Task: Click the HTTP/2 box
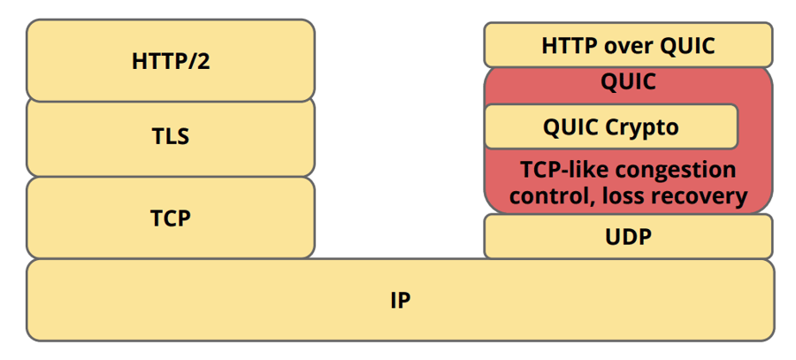(x=171, y=61)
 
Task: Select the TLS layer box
(x=171, y=137)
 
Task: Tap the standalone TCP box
(x=171, y=217)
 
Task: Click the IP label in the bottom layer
(x=400, y=301)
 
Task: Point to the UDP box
(x=628, y=237)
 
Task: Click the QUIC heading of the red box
(x=628, y=82)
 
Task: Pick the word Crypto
(x=642, y=127)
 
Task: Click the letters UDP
(x=628, y=237)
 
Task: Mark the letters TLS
(x=171, y=137)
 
